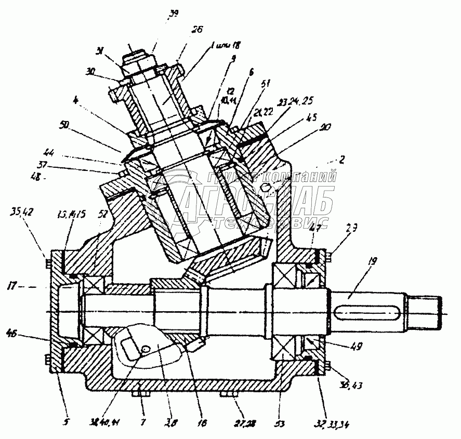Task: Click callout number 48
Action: click(36, 177)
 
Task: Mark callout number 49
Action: click(355, 345)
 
